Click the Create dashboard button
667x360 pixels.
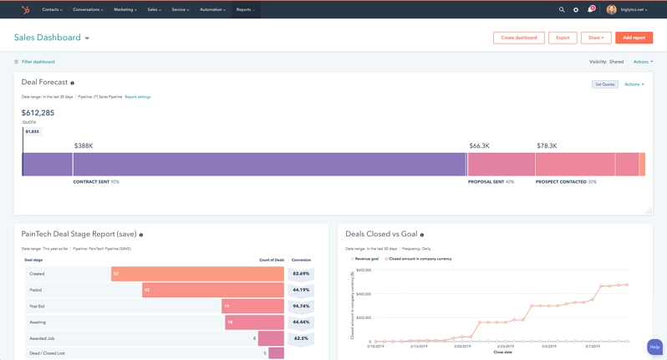[x=519, y=38]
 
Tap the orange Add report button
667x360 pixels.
[x=634, y=38]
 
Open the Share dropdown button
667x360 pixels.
[x=596, y=38]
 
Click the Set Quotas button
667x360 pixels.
[x=605, y=84]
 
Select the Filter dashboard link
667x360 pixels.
[x=38, y=62]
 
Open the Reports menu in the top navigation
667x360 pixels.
[x=245, y=10]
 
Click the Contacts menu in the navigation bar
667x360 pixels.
[x=53, y=10]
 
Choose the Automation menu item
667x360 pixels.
[x=212, y=10]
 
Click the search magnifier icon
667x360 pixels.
[x=562, y=10]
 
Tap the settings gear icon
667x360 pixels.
[x=576, y=10]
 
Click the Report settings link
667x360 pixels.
[x=138, y=97]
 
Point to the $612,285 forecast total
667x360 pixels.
[x=38, y=113]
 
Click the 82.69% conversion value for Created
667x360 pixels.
[x=301, y=274]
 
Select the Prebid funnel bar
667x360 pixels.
[x=213, y=290]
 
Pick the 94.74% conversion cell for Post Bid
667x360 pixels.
[x=301, y=307]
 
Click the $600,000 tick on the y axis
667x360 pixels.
[x=363, y=271]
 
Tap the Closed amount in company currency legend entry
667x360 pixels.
[x=420, y=259]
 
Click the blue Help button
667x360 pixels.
[x=654, y=347]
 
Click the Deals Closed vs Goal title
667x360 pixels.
[x=381, y=235]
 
